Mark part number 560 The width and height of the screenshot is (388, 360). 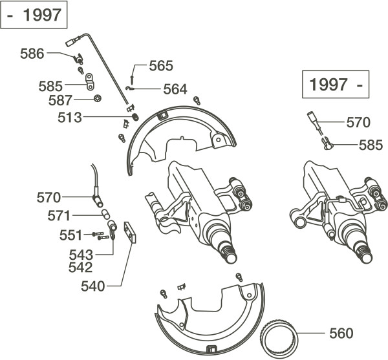click(340, 334)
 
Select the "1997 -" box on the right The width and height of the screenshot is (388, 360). click(334, 84)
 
